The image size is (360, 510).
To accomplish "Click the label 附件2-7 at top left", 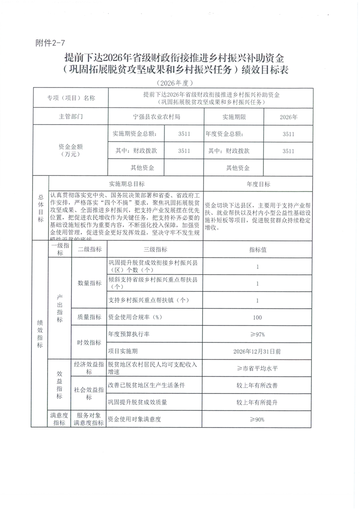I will (50, 44).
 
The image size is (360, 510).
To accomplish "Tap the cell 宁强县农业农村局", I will (156, 117).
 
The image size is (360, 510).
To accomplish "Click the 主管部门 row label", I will (71, 117).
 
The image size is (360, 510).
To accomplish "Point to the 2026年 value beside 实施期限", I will (288, 117).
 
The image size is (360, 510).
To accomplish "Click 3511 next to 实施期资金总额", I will (184, 134).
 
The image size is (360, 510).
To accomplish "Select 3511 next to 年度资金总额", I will (288, 134).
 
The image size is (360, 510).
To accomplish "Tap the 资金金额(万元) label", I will (71, 151).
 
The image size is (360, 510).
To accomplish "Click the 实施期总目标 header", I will (126, 184).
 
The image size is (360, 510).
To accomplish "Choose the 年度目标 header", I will (258, 184).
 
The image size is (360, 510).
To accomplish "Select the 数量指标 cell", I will (89, 283).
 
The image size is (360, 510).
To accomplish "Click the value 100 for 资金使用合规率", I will (257, 317).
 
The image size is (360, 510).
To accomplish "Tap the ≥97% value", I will (257, 334).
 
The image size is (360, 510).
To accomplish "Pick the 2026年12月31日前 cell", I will (257, 351).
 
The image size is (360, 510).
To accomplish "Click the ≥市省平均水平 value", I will (257, 368).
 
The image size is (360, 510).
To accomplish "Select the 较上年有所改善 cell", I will (257, 385).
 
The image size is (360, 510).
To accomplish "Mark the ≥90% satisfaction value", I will (257, 419).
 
